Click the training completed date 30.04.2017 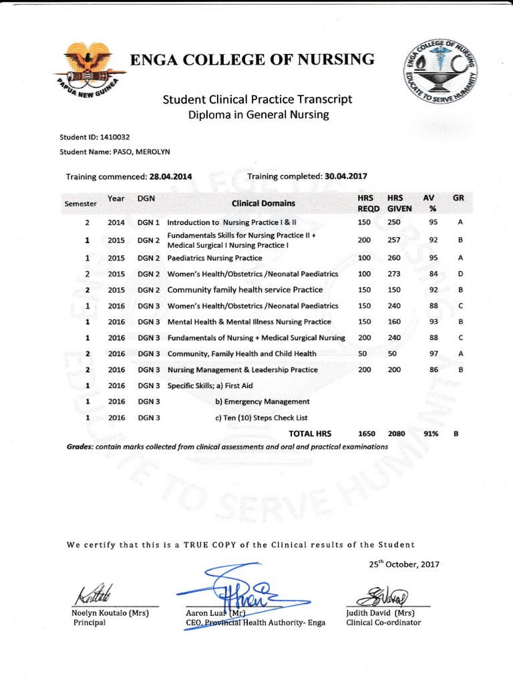coord(345,176)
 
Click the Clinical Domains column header coord(263,203)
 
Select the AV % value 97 coord(434,353)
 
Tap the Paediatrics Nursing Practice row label coord(214,258)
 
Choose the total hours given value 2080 coord(397,434)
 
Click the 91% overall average coord(431,434)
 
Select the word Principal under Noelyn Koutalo coord(89,623)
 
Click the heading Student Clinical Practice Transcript coord(257,100)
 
